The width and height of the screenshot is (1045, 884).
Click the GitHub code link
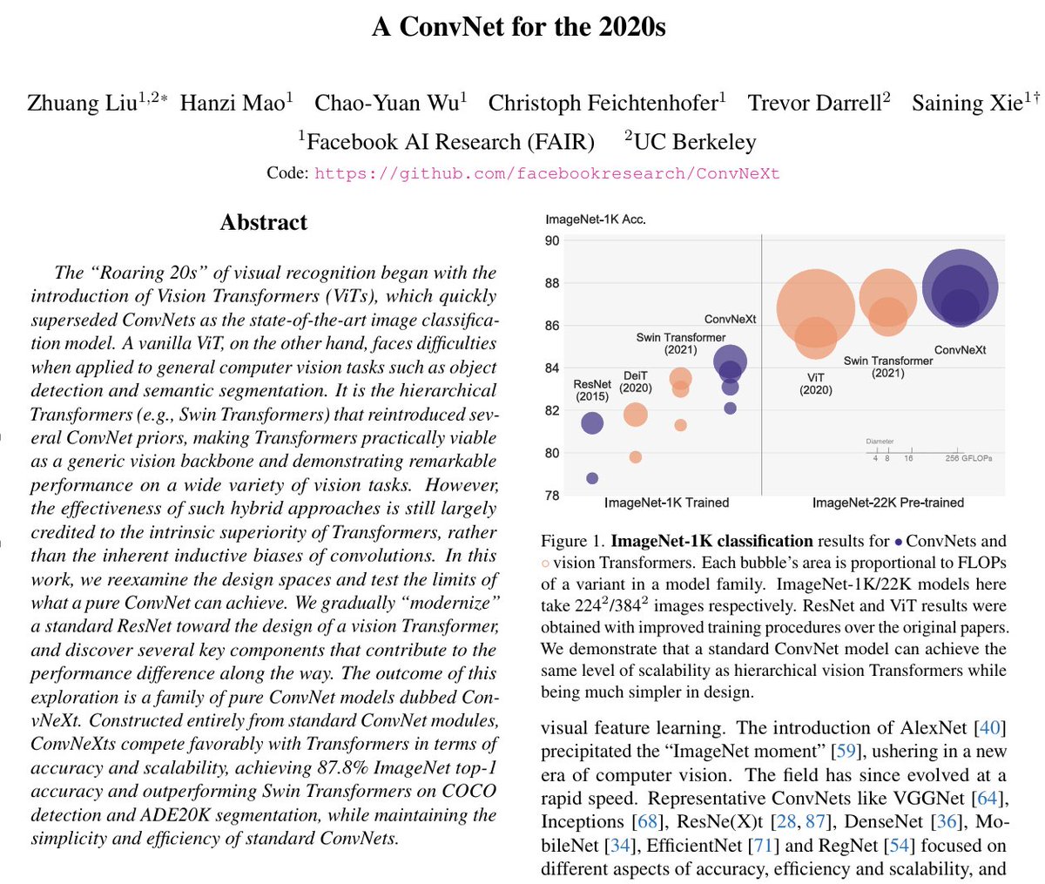coord(547,173)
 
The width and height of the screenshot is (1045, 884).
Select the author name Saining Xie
coord(967,103)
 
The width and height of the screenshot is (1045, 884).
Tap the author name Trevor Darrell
coord(814,103)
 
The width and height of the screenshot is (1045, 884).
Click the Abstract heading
coord(263,222)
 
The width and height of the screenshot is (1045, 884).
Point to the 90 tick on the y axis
coord(552,240)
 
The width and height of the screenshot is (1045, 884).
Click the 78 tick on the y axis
coord(552,495)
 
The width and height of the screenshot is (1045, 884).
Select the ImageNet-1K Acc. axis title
coord(596,219)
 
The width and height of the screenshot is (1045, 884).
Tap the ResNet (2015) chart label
coord(592,390)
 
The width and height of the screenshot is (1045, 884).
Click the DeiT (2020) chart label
coord(636,381)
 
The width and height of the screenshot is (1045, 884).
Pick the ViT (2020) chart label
coord(815,384)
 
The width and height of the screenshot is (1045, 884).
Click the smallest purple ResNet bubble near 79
coord(592,478)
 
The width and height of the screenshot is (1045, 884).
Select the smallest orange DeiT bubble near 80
coord(636,457)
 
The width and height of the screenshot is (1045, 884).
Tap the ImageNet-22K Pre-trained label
coord(887,503)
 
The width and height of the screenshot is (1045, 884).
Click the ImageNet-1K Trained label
coord(666,503)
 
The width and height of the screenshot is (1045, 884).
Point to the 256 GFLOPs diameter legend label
coord(968,458)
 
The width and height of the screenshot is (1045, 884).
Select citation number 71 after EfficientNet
coord(764,845)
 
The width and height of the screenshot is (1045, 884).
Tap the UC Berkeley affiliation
coord(691,142)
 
